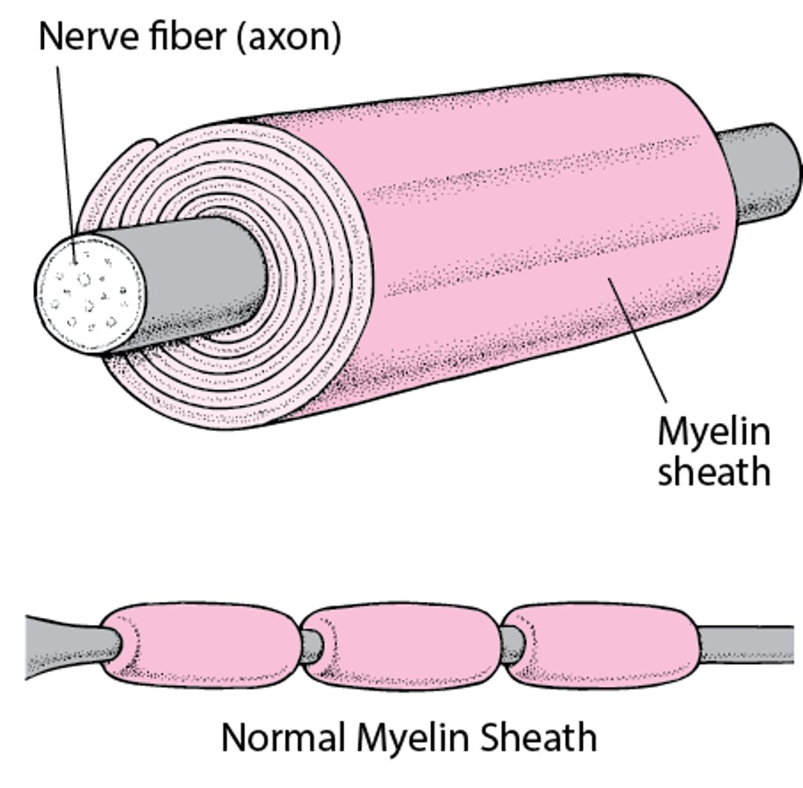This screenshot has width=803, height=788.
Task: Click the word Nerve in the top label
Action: pos(82,35)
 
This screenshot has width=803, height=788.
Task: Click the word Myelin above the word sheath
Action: pos(713,433)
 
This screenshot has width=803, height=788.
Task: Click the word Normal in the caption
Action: pos(283,738)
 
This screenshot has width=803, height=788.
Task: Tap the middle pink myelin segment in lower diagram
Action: pos(401,645)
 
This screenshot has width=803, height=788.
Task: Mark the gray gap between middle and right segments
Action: pos(511,644)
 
